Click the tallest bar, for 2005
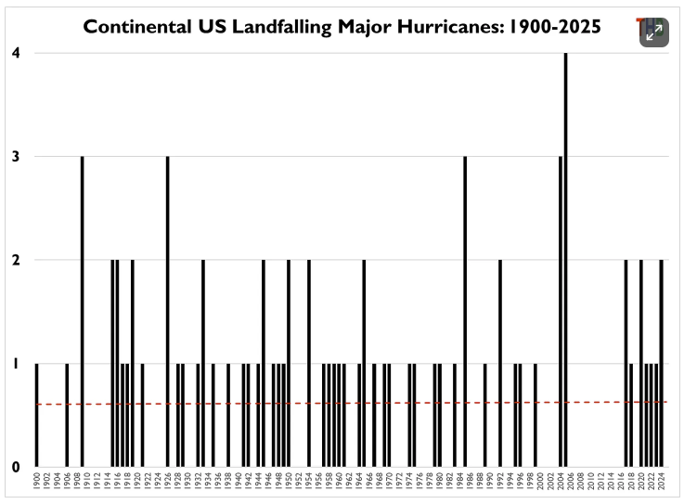click(565, 260)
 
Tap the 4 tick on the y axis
click(16, 53)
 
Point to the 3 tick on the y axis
click(16, 157)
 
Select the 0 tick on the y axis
click(16, 467)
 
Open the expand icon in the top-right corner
click(653, 33)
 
